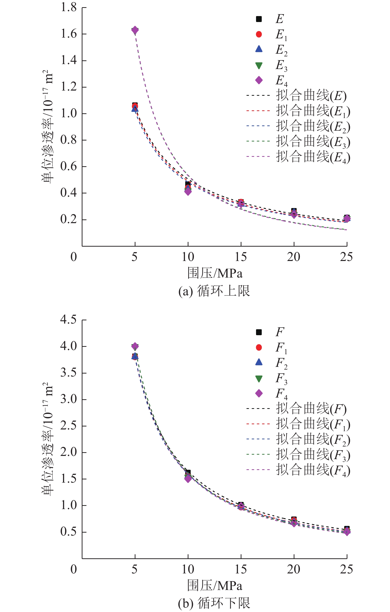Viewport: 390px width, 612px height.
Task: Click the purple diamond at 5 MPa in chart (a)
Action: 135,30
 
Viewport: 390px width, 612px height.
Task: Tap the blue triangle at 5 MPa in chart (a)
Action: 135,109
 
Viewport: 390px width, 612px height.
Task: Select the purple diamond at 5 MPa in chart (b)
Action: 135,346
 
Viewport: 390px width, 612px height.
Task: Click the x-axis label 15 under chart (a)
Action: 241,257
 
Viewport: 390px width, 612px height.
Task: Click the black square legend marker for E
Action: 259,19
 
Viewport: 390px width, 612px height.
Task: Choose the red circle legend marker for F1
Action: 259,347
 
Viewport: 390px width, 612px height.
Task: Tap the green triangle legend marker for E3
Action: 259,66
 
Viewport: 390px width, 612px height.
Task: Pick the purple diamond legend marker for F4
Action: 259,393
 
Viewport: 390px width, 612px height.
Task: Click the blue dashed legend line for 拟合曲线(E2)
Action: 258,126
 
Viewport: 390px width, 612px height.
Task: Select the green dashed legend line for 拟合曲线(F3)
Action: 258,454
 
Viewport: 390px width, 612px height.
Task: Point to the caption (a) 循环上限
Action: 214,291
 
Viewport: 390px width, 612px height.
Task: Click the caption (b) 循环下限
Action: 214,603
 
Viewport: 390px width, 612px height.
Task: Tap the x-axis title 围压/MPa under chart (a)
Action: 215,273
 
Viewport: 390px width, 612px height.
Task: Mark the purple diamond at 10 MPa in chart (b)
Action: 188,479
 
